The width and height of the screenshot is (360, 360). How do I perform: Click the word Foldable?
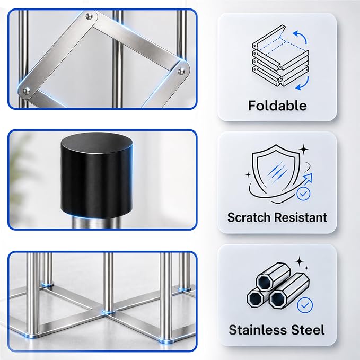277,106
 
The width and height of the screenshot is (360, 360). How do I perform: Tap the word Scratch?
249,217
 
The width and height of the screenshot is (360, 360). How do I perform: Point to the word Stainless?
258,330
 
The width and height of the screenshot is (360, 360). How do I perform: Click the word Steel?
308,330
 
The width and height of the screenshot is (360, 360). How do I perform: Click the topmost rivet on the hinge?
89,16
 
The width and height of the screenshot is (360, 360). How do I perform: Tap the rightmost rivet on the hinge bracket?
181,71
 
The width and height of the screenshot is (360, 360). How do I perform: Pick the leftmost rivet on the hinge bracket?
27,91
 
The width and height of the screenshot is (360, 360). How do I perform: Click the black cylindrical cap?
96,175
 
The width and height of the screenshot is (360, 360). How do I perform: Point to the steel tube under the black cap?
96,222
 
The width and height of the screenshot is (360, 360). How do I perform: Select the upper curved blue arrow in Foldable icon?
300,37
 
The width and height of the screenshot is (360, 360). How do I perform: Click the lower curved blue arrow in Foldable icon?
303,84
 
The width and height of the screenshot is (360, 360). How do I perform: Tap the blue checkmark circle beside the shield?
303,194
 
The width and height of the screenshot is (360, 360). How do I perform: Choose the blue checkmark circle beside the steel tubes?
305,305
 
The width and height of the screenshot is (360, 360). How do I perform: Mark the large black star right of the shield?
304,150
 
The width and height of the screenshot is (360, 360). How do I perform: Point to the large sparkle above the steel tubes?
300,261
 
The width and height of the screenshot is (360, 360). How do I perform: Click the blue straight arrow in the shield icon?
308,179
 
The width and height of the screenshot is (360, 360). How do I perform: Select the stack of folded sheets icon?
280,56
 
